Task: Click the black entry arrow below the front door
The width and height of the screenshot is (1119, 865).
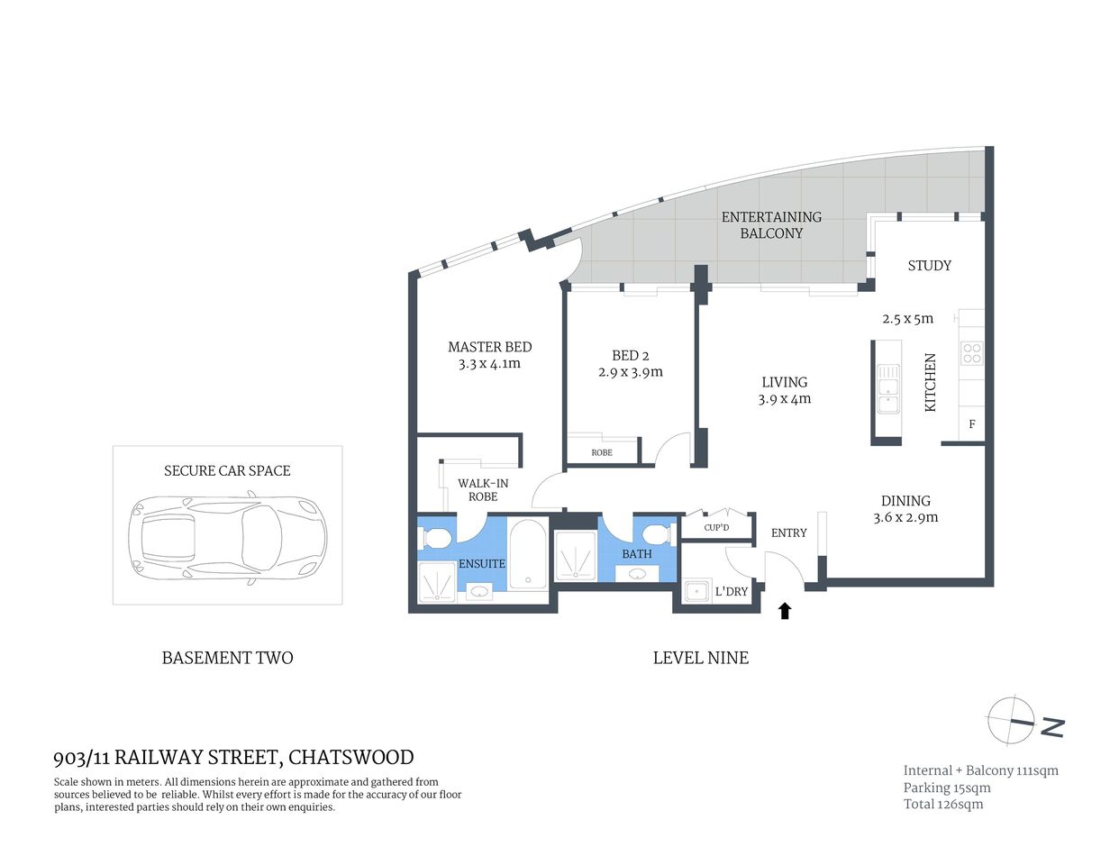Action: tap(784, 611)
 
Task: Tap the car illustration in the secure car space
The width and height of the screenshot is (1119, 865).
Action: tap(227, 539)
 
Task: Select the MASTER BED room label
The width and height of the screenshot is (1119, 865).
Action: tap(489, 347)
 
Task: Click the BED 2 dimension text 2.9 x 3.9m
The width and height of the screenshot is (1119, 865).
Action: tap(630, 372)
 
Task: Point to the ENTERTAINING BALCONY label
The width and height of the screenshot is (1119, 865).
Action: tap(771, 224)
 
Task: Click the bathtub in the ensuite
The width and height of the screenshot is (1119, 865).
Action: tap(527, 553)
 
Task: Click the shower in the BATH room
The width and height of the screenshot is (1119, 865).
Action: tap(575, 554)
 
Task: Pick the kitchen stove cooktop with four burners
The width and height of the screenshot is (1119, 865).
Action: tap(971, 352)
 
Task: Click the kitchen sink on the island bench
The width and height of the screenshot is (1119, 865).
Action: tap(888, 388)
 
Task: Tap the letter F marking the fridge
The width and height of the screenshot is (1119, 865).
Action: tap(972, 424)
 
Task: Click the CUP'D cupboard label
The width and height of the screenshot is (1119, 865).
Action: tap(716, 527)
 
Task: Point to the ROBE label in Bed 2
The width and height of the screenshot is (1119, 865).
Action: tap(602, 452)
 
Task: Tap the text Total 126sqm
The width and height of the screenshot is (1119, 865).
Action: tap(943, 804)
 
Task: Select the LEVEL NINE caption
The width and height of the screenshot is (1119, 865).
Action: tap(700, 658)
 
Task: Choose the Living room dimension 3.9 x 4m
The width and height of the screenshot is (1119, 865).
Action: tap(784, 399)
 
